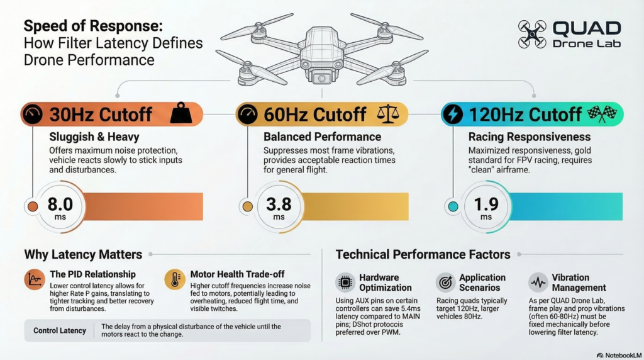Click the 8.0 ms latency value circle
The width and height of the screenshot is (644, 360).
coord(60,206)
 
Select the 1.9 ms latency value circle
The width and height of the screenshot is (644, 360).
coord(486,206)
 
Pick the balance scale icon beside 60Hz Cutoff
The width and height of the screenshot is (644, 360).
coord(388,114)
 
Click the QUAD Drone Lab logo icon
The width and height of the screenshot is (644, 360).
coord(531,35)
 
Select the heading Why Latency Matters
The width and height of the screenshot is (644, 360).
coord(83,255)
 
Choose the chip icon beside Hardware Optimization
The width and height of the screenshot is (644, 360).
coord(345,283)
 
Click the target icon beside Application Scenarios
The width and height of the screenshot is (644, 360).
coord(445,283)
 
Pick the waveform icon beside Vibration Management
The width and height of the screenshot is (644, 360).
coord(538,283)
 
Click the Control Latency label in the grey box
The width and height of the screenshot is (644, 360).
coord(58,330)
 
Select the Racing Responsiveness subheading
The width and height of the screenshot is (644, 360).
coord(530,137)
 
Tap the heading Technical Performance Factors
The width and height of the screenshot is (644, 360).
coord(423,255)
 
